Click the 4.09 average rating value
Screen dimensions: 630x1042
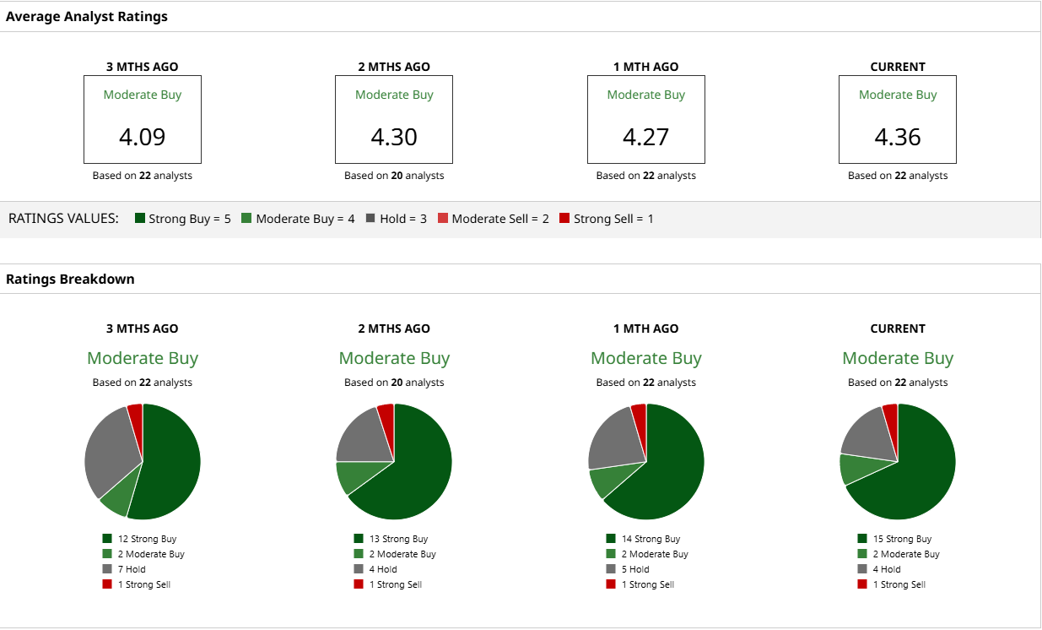[142, 137]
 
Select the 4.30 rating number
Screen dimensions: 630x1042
[394, 137]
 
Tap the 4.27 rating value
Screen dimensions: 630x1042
[645, 137]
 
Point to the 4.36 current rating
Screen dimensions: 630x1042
[897, 137]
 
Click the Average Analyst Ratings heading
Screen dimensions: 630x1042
[87, 17]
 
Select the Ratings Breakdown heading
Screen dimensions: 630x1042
[70, 279]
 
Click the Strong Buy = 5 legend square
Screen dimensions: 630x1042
[140, 219]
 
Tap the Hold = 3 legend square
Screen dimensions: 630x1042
[370, 219]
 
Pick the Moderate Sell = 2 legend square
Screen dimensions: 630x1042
[443, 219]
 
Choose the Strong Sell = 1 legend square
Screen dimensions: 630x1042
[564, 219]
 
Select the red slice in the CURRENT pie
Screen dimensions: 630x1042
[890, 414]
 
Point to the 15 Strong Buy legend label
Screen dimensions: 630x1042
[902, 539]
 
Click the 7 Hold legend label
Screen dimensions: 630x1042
[132, 569]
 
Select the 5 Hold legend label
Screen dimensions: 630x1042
[635, 569]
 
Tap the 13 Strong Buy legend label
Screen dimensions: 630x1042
[398, 539]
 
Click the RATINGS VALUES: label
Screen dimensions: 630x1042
[64, 219]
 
